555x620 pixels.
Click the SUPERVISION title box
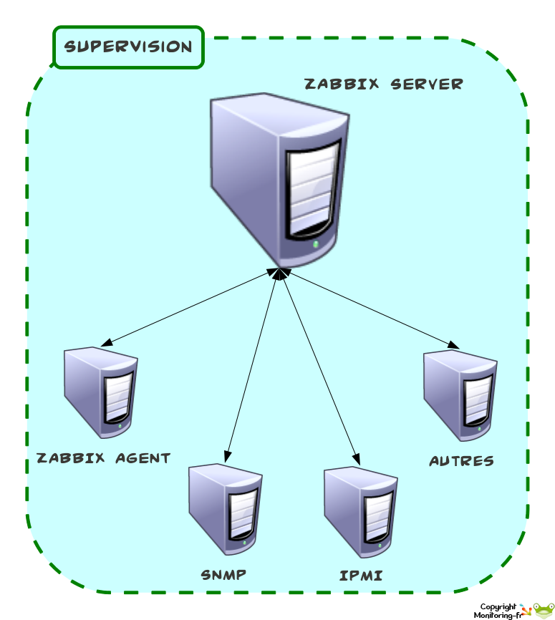(129, 47)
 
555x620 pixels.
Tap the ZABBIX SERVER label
(384, 84)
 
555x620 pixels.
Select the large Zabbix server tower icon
(279, 179)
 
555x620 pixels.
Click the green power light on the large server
(317, 244)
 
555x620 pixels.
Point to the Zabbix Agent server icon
(100, 392)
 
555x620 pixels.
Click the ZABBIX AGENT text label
(104, 457)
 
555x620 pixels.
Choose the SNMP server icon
(225, 509)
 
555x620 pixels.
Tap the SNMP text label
(224, 574)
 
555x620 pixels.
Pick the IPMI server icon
(360, 509)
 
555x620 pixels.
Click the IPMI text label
(360, 575)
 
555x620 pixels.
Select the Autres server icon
(460, 395)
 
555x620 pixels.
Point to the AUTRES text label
(462, 460)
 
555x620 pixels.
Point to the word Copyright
(498, 606)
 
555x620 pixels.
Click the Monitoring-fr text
(496, 615)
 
